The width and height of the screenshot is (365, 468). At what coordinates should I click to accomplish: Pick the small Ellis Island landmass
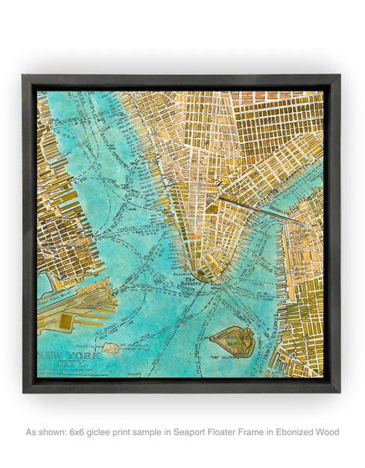tap(111, 347)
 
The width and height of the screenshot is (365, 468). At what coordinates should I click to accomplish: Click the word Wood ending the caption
tap(327, 432)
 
